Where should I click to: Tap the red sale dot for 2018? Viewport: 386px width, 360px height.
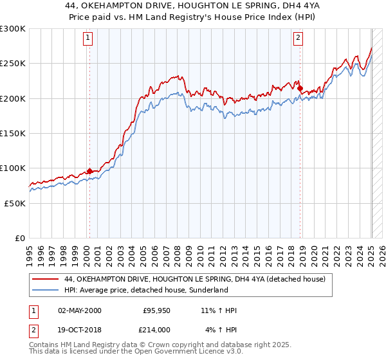[x=300, y=88]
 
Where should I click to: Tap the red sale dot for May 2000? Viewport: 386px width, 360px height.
[x=89, y=171]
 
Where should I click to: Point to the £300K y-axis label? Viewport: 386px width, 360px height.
[x=13, y=29]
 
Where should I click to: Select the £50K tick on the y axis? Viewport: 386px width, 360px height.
[x=15, y=203]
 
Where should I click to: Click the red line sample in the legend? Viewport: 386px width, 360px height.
[x=46, y=280]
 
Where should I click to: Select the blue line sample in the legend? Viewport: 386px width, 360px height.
[x=46, y=291]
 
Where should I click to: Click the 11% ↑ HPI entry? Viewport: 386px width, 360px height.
[x=219, y=310]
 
